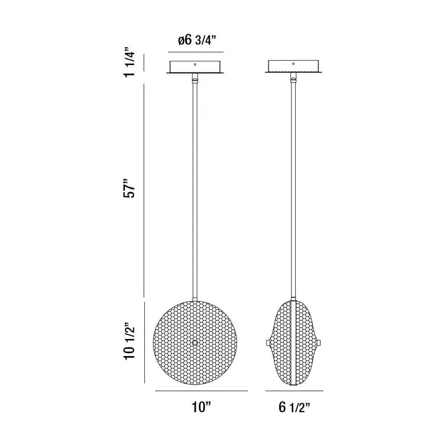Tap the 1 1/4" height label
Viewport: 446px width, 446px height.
tap(129, 62)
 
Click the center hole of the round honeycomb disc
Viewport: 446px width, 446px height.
tap(194, 342)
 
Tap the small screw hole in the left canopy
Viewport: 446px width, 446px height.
tap(194, 64)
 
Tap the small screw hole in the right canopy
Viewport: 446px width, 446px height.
tap(293, 64)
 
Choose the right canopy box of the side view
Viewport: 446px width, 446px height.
tap(293, 67)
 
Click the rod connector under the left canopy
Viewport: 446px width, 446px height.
tap(194, 79)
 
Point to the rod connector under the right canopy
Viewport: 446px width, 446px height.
tap(293, 79)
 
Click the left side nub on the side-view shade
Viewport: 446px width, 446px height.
tap(268, 342)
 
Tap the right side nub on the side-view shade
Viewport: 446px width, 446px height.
tap(319, 342)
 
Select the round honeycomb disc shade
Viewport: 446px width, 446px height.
tap(175, 357)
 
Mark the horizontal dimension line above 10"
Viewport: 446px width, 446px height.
tap(201, 391)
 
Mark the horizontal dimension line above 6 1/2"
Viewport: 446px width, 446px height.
tap(294, 391)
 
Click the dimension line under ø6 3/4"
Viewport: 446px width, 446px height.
tap(195, 52)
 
